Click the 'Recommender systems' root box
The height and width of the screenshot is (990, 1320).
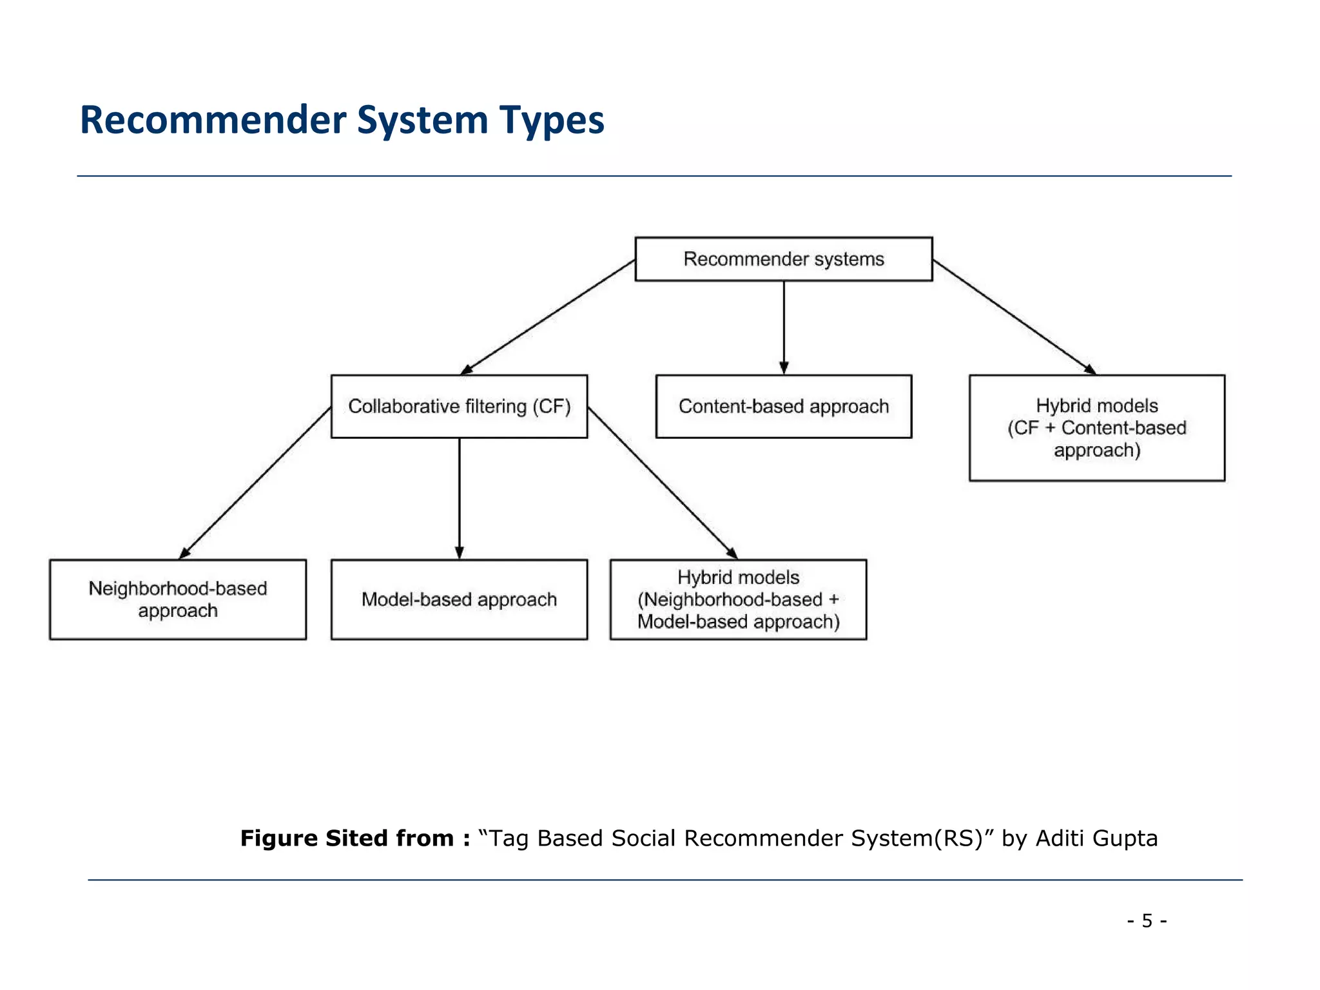(783, 259)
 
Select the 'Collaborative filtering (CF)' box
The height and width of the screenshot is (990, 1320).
(459, 407)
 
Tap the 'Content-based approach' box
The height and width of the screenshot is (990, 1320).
(783, 407)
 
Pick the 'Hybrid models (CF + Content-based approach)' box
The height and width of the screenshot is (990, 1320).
(1096, 428)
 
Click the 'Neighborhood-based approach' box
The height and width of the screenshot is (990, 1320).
(178, 599)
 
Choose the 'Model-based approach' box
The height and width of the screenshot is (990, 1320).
(459, 599)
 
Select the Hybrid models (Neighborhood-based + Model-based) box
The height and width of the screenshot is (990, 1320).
(738, 599)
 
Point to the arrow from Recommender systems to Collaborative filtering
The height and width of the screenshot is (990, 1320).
(548, 316)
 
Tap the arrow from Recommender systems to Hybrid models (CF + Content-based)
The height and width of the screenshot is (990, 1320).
(1014, 316)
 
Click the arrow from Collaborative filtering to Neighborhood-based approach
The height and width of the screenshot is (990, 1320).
(255, 483)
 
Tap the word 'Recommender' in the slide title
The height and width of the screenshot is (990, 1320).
(213, 121)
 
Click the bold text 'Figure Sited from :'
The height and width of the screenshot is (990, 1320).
(355, 838)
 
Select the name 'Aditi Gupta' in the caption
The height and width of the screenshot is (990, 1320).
(1096, 838)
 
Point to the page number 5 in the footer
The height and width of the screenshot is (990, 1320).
(1147, 920)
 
